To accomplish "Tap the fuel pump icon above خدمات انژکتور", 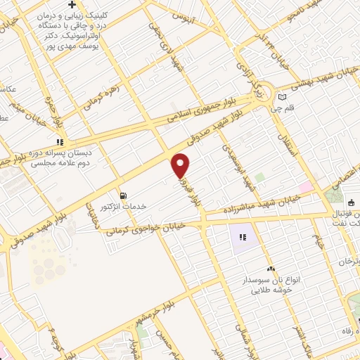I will point(124,195).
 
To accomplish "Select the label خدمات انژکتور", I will point(124,207).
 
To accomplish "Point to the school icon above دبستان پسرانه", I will point(61,141).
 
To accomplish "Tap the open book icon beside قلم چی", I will point(283,96).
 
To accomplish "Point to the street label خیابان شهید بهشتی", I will point(320,76).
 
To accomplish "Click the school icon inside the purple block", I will point(243,238).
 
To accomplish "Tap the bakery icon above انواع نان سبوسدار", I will point(270,269).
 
